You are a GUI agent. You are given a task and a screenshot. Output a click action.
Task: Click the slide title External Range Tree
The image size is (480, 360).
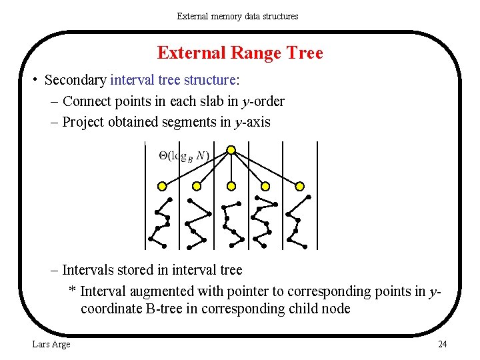240,53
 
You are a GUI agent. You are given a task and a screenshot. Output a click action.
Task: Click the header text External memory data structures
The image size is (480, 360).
237,16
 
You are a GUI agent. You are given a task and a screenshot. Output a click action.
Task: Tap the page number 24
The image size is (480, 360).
442,344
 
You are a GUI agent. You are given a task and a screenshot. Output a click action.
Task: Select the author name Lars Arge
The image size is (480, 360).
51,344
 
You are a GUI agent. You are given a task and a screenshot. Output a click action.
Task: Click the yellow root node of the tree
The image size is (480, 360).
231,150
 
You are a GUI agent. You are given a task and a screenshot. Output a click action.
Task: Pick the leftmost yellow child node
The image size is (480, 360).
162,186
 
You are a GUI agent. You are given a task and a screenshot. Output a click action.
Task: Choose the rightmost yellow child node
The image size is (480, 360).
299,186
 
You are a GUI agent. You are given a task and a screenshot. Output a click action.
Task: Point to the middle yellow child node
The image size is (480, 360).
231,186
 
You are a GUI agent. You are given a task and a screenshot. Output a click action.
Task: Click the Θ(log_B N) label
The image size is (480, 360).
184,156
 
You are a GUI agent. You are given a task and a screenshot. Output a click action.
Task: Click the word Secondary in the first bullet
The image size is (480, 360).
75,81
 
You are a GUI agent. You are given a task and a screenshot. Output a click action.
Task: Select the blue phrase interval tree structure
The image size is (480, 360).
173,81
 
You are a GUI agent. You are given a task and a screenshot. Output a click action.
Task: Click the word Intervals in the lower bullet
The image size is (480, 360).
87,270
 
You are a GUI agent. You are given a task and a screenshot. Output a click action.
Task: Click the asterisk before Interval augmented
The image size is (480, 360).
73,291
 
